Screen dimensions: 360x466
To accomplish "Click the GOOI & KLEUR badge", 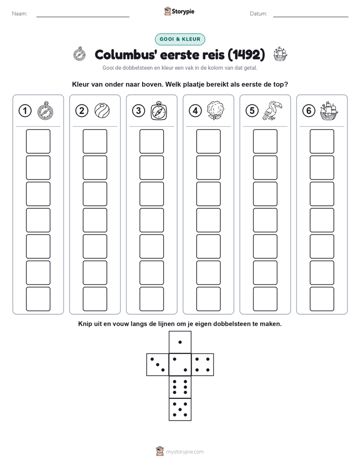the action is click(180, 39).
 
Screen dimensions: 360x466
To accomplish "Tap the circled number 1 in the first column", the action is click(25, 111).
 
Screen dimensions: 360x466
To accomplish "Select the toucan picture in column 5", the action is click(272, 110).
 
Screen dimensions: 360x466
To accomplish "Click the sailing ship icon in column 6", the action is click(329, 111).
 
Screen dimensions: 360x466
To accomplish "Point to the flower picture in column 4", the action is click(215, 110).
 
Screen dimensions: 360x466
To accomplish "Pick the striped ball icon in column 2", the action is click(102, 110).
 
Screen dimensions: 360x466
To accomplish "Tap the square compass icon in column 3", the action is click(159, 111).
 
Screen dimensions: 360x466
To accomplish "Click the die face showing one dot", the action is click(180, 342).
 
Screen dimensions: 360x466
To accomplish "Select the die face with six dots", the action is click(180, 387).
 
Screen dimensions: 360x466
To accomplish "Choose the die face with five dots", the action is click(180, 410).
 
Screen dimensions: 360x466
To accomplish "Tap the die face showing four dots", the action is click(203, 365).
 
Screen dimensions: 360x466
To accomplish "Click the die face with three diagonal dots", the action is click(158, 365).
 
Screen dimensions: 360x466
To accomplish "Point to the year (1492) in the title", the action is click(246, 54).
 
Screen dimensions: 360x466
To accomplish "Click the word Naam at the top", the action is click(20, 14).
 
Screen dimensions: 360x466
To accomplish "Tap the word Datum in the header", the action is click(259, 14).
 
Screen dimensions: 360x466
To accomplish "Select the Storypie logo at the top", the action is click(179, 12).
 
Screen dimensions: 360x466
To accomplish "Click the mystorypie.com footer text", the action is click(185, 452).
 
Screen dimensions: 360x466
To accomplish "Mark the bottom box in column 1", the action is click(38, 299).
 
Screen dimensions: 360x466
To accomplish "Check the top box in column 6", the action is click(322, 141).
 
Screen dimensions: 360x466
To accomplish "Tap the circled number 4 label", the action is click(195, 111).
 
